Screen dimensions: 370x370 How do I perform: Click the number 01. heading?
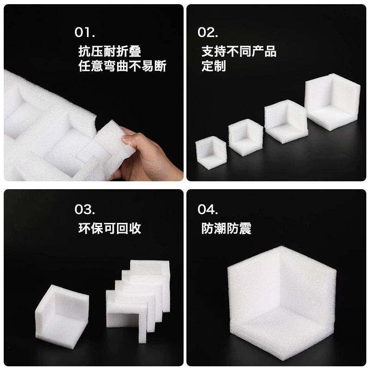[85, 32]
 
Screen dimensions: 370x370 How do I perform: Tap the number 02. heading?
[208, 32]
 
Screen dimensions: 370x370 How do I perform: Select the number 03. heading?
[85, 210]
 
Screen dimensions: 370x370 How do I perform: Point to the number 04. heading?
[208, 210]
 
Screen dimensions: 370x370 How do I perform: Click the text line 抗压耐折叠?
[110, 51]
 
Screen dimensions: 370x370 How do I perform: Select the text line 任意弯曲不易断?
[123, 66]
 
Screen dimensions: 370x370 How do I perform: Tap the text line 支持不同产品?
[239, 51]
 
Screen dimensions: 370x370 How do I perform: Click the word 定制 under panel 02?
[214, 66]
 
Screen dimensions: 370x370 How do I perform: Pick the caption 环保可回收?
[110, 228]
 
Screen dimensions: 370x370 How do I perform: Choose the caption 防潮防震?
[226, 228]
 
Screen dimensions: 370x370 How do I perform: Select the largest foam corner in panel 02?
[333, 101]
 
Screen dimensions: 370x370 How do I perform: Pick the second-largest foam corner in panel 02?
[286, 120]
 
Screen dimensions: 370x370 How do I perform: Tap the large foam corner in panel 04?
[282, 303]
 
